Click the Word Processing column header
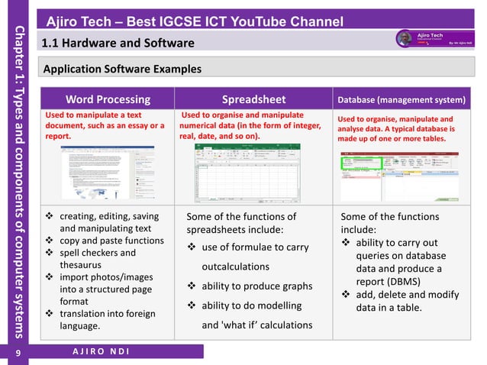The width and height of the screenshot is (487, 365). point(108,99)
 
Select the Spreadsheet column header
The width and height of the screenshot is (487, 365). point(254,99)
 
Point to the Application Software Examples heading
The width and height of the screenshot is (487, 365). point(122,69)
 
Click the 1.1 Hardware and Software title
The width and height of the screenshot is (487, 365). point(118,43)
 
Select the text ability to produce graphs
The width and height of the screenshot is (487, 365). point(257,286)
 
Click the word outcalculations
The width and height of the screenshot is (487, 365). point(235,266)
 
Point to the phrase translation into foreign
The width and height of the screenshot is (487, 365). point(108,314)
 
